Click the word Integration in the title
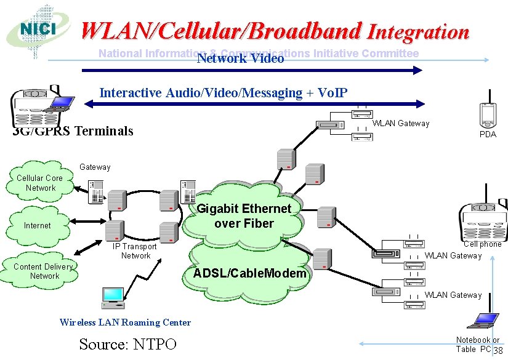[418, 31]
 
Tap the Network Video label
[240, 59]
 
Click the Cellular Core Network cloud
[41, 183]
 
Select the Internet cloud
[37, 225]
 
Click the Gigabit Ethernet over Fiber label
[244, 216]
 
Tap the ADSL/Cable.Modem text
[249, 273]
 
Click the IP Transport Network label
[135, 251]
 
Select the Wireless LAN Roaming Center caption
[125, 322]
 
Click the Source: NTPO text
[128, 344]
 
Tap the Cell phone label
[482, 244]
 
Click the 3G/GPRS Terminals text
[73, 130]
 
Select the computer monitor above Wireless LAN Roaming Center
[113, 297]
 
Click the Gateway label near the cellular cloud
[95, 167]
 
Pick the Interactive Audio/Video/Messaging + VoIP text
[224, 93]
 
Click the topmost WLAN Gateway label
[401, 124]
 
